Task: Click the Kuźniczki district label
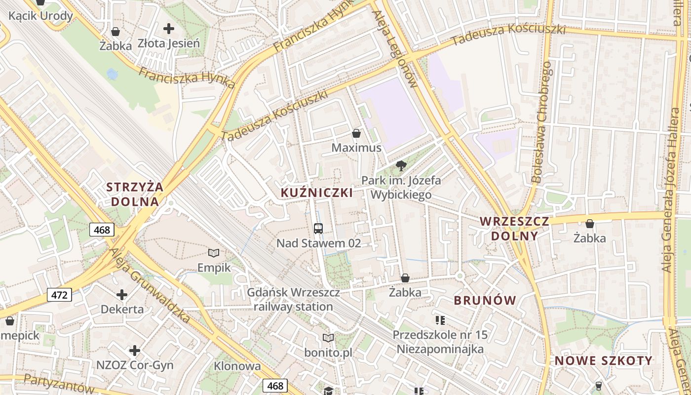coord(317,193)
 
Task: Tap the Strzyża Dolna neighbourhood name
coord(135,194)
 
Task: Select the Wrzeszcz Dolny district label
coord(514,228)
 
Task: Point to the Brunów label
coord(485,300)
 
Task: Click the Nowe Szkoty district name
coord(603,361)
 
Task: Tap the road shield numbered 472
coord(60,295)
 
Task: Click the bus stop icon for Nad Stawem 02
coord(318,228)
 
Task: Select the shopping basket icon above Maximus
coord(356,133)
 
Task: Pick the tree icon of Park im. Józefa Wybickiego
coord(401,166)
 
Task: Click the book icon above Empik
coord(214,253)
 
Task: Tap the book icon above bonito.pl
coord(328,338)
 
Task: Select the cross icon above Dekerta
coord(122,295)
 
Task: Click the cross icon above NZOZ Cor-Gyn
coord(135,351)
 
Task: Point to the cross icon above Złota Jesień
coord(169,29)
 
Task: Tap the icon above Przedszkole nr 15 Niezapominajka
coord(440,320)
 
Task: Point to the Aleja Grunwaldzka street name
coord(151,285)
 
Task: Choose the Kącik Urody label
coord(41,16)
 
